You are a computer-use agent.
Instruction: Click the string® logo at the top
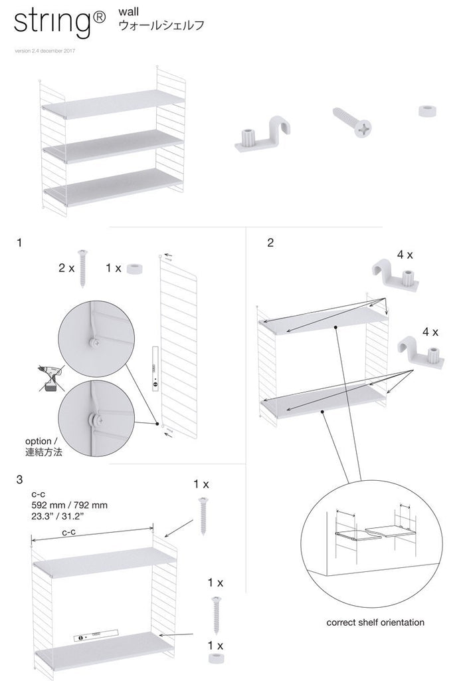tap(57, 25)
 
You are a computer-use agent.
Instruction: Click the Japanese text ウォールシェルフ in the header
tap(160, 27)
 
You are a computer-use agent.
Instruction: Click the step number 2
tap(270, 243)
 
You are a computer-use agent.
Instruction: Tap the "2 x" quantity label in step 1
tap(66, 268)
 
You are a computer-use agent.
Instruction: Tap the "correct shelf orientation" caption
tap(375, 622)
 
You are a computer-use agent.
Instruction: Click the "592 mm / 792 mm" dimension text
tap(69, 505)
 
